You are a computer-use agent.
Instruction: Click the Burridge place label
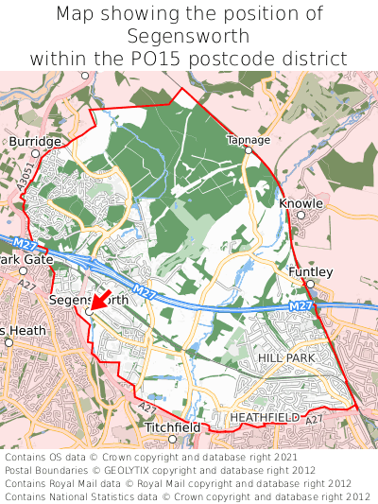pos(34,141)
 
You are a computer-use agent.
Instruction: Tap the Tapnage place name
pos(249,140)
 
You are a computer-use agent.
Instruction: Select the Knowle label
pos(301,203)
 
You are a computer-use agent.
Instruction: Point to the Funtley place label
pos(310,272)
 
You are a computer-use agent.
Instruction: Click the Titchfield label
pos(172,428)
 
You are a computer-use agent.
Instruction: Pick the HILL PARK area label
pos(285,360)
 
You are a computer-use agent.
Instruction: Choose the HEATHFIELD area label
pos(265,417)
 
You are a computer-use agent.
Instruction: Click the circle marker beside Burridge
pos(36,153)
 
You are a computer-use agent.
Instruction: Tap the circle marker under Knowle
pos(301,215)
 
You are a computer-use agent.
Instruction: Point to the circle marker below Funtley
pos(309,284)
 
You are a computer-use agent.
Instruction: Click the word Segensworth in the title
pos(188,36)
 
